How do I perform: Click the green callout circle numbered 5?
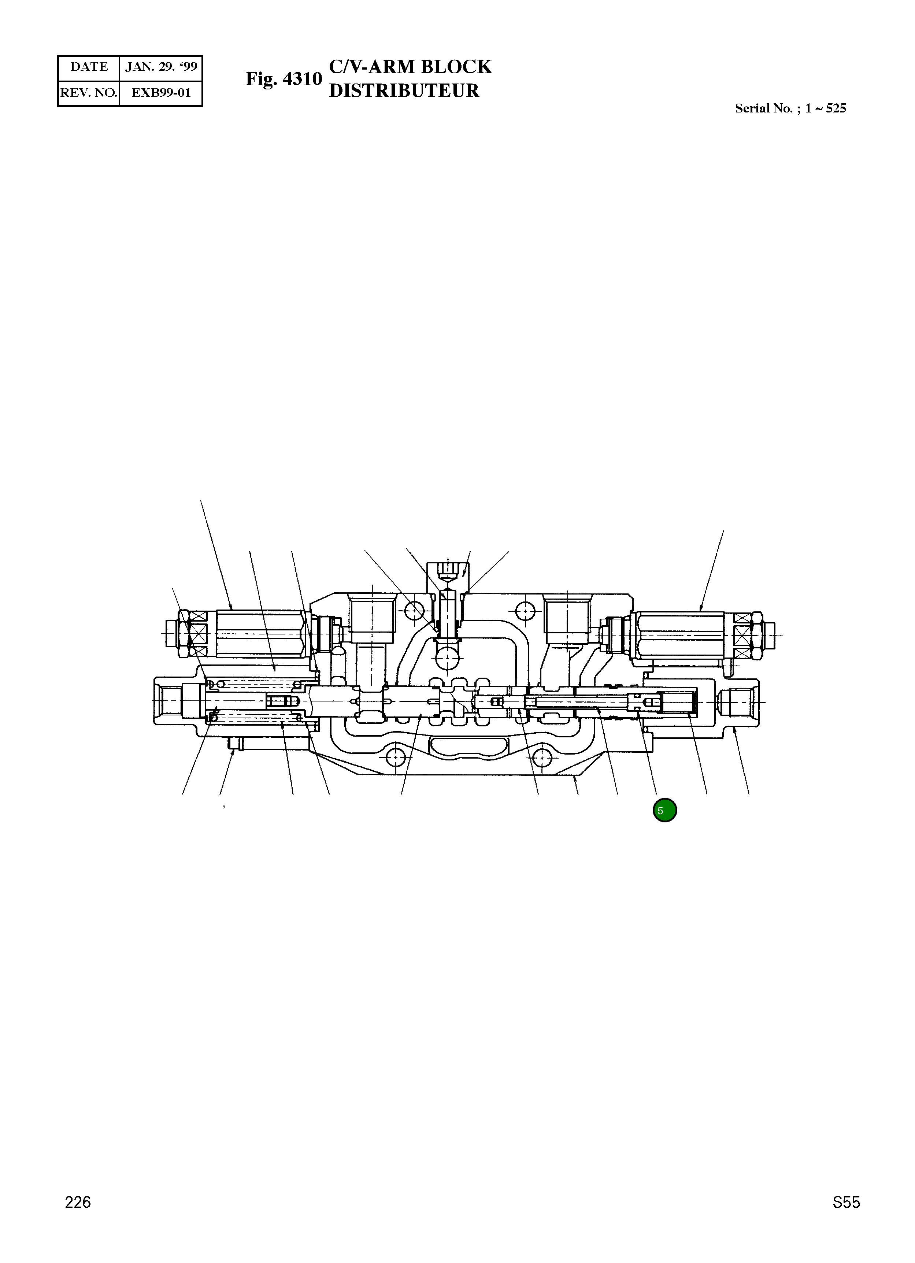(664, 810)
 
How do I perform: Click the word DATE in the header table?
(89, 67)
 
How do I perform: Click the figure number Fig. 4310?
(284, 79)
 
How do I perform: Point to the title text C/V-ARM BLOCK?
(411, 67)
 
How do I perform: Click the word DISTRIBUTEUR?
(404, 91)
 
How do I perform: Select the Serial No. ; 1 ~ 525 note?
(790, 108)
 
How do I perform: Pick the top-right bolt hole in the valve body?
(525, 611)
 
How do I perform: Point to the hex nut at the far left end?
(184, 634)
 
